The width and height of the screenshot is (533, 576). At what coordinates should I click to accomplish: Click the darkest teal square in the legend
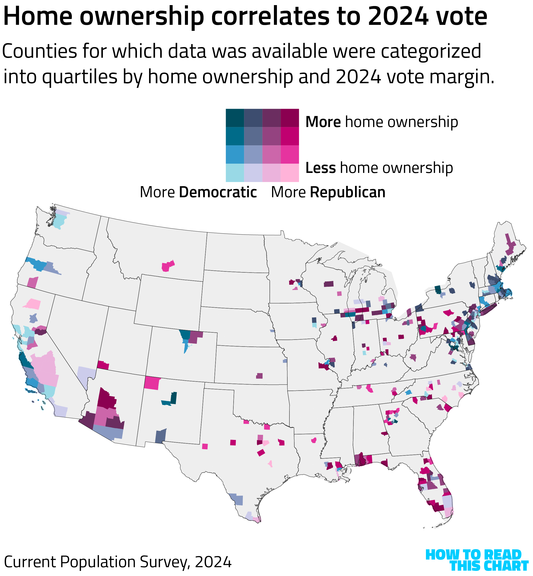tap(235, 118)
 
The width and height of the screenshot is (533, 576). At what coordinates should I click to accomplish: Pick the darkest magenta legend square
tap(290, 118)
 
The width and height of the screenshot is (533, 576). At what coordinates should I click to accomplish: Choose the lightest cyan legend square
tap(235, 173)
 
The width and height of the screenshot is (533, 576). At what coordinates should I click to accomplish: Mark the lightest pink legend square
tap(290, 173)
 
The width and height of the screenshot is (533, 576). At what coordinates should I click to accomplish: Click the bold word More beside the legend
tap(323, 122)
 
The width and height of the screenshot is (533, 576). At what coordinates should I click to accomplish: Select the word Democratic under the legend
tap(218, 192)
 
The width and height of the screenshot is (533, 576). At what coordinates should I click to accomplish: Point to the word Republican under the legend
tap(348, 192)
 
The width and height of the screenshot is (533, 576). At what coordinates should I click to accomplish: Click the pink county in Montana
tap(168, 266)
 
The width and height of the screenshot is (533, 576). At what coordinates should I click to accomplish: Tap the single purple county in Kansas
tap(259, 376)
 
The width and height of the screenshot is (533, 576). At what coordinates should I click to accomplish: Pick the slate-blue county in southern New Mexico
tap(160, 436)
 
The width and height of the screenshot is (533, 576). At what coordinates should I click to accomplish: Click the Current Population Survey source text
tap(118, 562)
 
